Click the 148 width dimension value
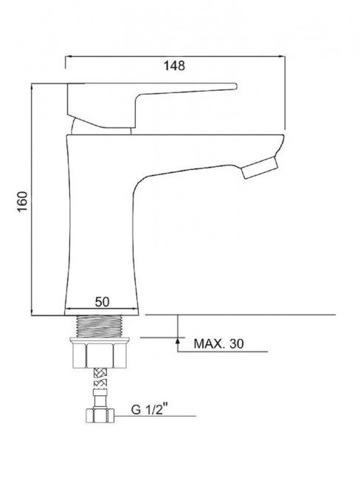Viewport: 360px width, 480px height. point(174,66)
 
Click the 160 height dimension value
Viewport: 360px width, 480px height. point(22,202)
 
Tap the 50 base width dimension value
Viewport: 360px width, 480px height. point(102,302)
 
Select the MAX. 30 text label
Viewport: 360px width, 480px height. point(219,344)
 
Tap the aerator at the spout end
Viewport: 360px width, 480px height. point(260,168)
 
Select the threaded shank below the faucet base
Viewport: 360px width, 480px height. point(100,326)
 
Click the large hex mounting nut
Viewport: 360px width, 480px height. point(100,356)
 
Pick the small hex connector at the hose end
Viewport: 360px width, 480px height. point(100,416)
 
